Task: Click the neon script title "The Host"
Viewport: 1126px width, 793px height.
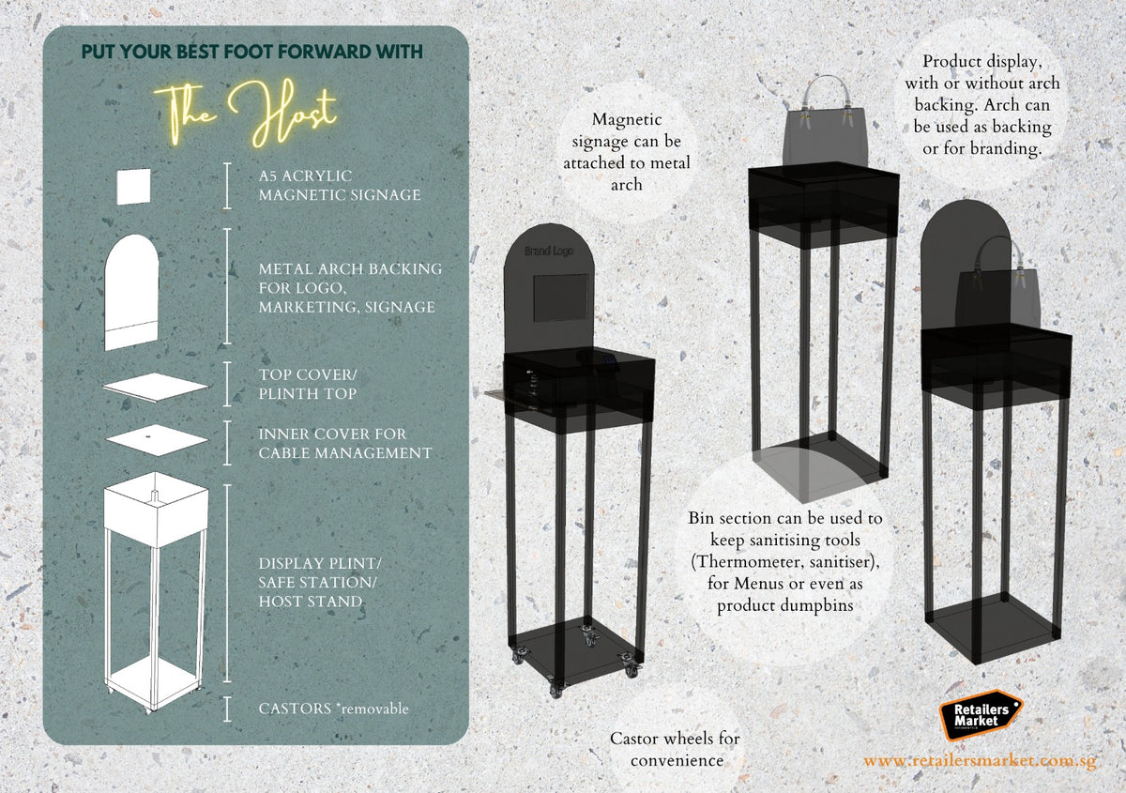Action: [x=245, y=113]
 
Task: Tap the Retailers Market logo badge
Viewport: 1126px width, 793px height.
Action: [x=981, y=715]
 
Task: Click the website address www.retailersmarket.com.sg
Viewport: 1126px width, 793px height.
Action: [x=980, y=760]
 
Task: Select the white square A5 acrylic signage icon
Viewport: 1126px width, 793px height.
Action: [x=133, y=187]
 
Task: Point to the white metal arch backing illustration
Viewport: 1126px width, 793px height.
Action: [x=131, y=292]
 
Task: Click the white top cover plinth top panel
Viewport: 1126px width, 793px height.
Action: [x=156, y=387]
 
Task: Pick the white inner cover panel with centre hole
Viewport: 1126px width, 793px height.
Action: [x=157, y=440]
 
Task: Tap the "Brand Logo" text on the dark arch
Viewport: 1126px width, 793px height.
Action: [x=548, y=251]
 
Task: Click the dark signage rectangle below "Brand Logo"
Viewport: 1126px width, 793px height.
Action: [x=560, y=297]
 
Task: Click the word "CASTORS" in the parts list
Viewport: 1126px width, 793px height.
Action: [x=295, y=709]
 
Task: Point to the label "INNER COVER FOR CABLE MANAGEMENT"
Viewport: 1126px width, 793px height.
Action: [x=345, y=443]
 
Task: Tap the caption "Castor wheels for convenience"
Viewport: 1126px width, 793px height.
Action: [x=675, y=749]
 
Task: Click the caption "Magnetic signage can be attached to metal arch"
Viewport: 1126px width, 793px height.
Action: [x=627, y=151]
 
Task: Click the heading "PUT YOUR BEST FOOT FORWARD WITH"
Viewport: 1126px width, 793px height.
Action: [x=251, y=52]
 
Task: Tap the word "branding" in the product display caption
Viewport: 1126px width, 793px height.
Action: [x=1005, y=149]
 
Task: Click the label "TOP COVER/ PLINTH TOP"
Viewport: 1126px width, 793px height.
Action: [x=308, y=384]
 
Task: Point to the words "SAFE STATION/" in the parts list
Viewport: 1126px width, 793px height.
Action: [x=317, y=582]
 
